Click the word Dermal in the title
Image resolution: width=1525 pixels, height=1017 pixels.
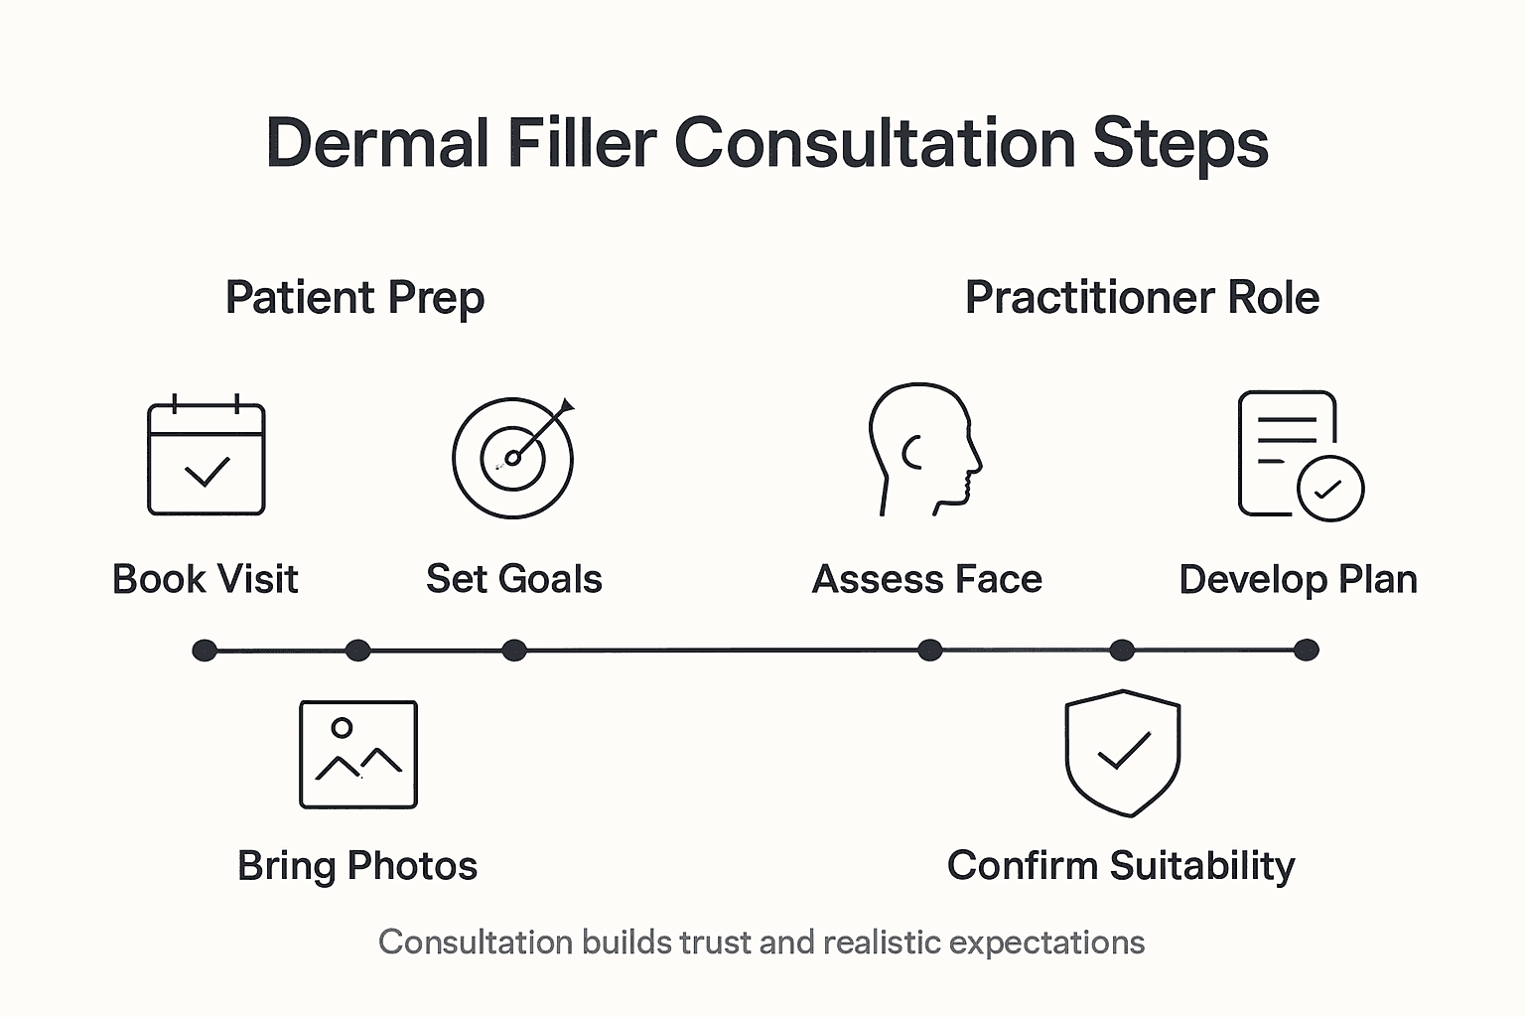click(x=377, y=143)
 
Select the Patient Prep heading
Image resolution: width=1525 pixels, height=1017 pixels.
click(x=354, y=298)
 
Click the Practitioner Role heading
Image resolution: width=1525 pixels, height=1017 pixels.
click(x=1142, y=298)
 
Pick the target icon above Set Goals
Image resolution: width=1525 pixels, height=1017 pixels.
click(x=513, y=457)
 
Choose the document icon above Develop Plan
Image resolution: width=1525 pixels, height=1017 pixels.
click(x=1299, y=455)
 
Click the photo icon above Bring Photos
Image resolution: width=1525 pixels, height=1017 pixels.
click(x=358, y=755)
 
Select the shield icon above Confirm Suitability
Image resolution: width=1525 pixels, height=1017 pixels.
click(x=1122, y=753)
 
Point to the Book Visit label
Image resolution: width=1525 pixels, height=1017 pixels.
click(x=206, y=579)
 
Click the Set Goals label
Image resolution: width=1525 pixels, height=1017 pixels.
click(x=513, y=579)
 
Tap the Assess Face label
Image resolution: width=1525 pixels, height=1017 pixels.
click(x=926, y=579)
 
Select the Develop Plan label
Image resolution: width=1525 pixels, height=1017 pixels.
click(x=1298, y=579)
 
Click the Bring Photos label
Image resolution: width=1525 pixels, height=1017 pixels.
click(x=357, y=866)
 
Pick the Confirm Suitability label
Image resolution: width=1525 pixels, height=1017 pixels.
click(x=1121, y=866)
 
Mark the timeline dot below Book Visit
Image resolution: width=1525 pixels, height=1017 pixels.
click(x=205, y=651)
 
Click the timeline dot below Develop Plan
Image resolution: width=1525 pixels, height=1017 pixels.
click(x=1307, y=651)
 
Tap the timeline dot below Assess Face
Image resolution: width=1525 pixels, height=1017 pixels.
click(x=929, y=651)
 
